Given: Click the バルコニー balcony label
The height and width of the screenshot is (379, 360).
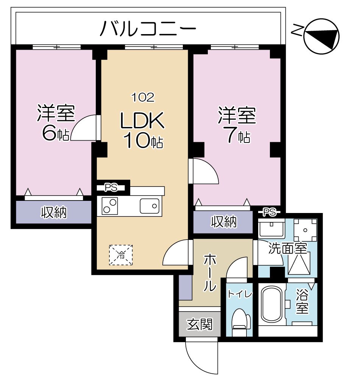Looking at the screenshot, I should click(x=148, y=29).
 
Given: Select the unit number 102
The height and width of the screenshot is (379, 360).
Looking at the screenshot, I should click(x=142, y=98).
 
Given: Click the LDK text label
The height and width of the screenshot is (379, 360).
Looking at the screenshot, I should click(x=142, y=121).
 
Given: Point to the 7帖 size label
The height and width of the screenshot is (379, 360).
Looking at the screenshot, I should click(x=237, y=136).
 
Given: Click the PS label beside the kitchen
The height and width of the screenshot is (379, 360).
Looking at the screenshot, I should click(x=111, y=187).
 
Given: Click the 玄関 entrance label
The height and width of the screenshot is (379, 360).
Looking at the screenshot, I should click(x=199, y=324).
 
